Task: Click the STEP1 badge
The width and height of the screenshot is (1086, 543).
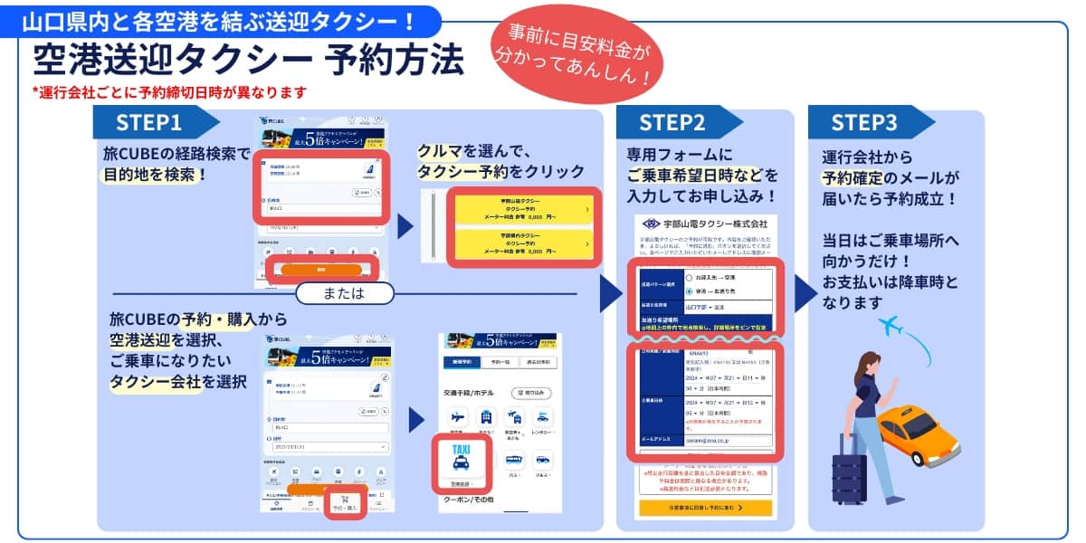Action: point(150,122)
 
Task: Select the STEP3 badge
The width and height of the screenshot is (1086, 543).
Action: point(864,122)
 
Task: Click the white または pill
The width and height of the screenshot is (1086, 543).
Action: point(343,293)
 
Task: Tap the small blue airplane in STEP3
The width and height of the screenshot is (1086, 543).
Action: point(891,324)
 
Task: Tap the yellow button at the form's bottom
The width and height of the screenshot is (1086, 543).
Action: point(705,508)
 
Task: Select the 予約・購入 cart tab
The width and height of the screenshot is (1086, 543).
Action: point(345,502)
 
